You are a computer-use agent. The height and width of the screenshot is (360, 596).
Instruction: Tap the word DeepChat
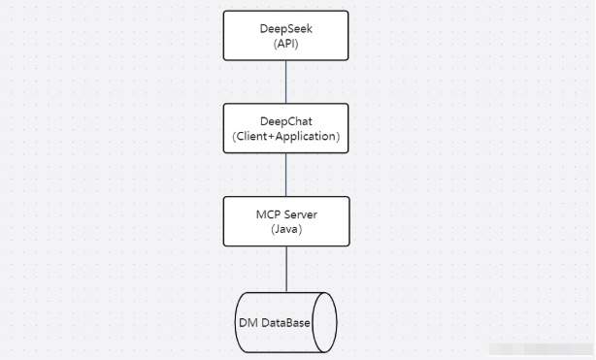[285, 120]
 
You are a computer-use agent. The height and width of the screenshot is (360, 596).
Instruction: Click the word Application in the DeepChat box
[307, 137]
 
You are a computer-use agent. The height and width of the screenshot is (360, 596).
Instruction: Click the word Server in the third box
[297, 213]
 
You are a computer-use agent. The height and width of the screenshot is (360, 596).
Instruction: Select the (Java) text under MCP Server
[285, 229]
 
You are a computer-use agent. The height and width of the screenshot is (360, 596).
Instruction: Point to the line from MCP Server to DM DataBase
[285, 268]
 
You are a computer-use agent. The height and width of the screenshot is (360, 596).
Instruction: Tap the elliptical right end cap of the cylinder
[325, 321]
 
